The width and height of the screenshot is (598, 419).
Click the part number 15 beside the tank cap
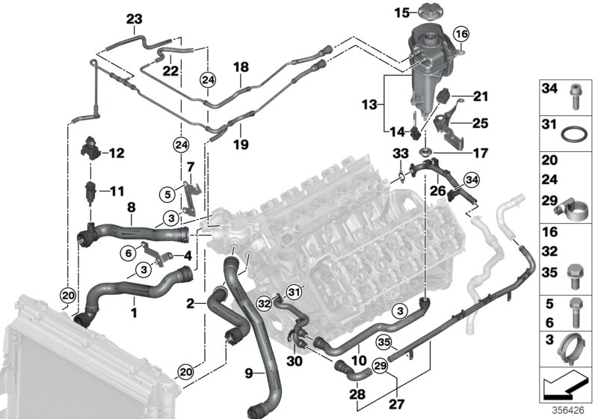(x=401, y=13)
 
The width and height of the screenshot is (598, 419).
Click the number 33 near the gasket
(x=400, y=154)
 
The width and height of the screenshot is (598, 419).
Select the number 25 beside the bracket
(x=478, y=120)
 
